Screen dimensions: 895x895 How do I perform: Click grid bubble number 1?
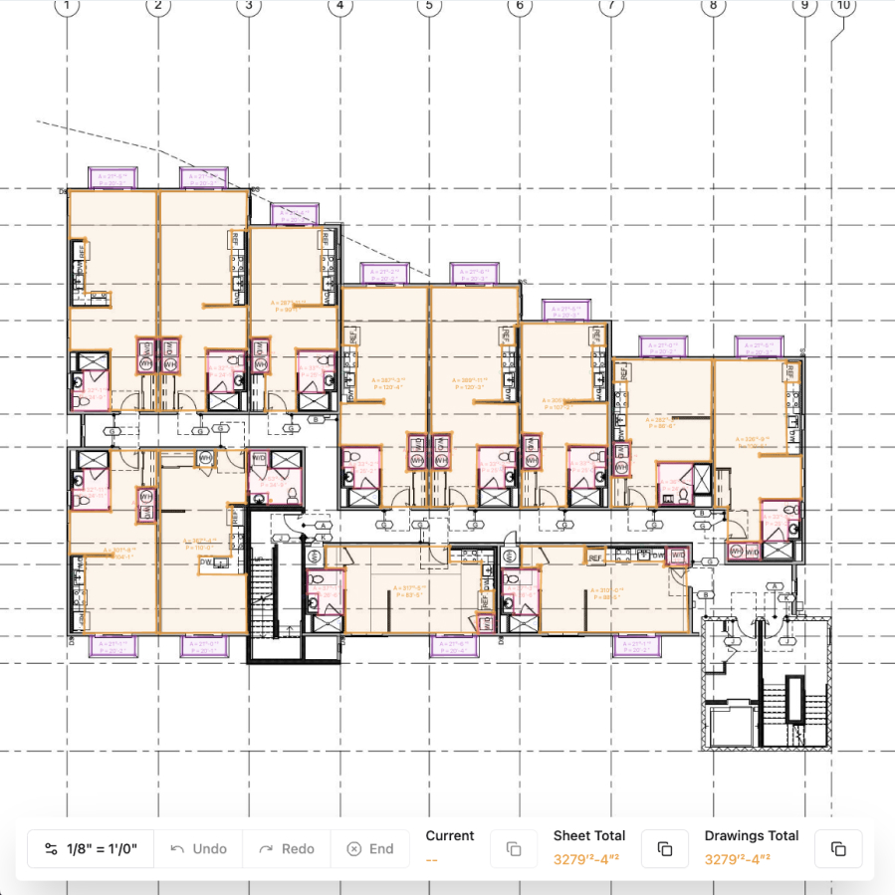(67, 6)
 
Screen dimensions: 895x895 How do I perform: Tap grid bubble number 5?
(428, 6)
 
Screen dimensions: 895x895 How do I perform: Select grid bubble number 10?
(843, 6)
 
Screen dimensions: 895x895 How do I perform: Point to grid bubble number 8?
(712, 6)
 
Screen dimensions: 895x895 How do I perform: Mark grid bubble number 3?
(248, 6)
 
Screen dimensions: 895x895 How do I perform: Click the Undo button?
(198, 849)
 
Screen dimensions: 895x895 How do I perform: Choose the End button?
(369, 849)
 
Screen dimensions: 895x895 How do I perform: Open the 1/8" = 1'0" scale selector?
(91, 849)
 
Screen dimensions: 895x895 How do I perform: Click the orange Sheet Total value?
(589, 859)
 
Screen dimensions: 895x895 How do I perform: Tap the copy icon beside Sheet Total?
(665, 849)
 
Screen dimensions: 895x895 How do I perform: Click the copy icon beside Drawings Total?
(838, 849)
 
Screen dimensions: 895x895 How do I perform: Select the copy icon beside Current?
(514, 849)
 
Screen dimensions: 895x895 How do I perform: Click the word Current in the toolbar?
(450, 836)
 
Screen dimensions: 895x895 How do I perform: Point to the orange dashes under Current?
(432, 859)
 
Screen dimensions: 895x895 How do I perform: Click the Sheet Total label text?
(589, 836)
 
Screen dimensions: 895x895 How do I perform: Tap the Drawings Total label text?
(752, 836)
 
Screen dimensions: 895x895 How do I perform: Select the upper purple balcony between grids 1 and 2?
(112, 178)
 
